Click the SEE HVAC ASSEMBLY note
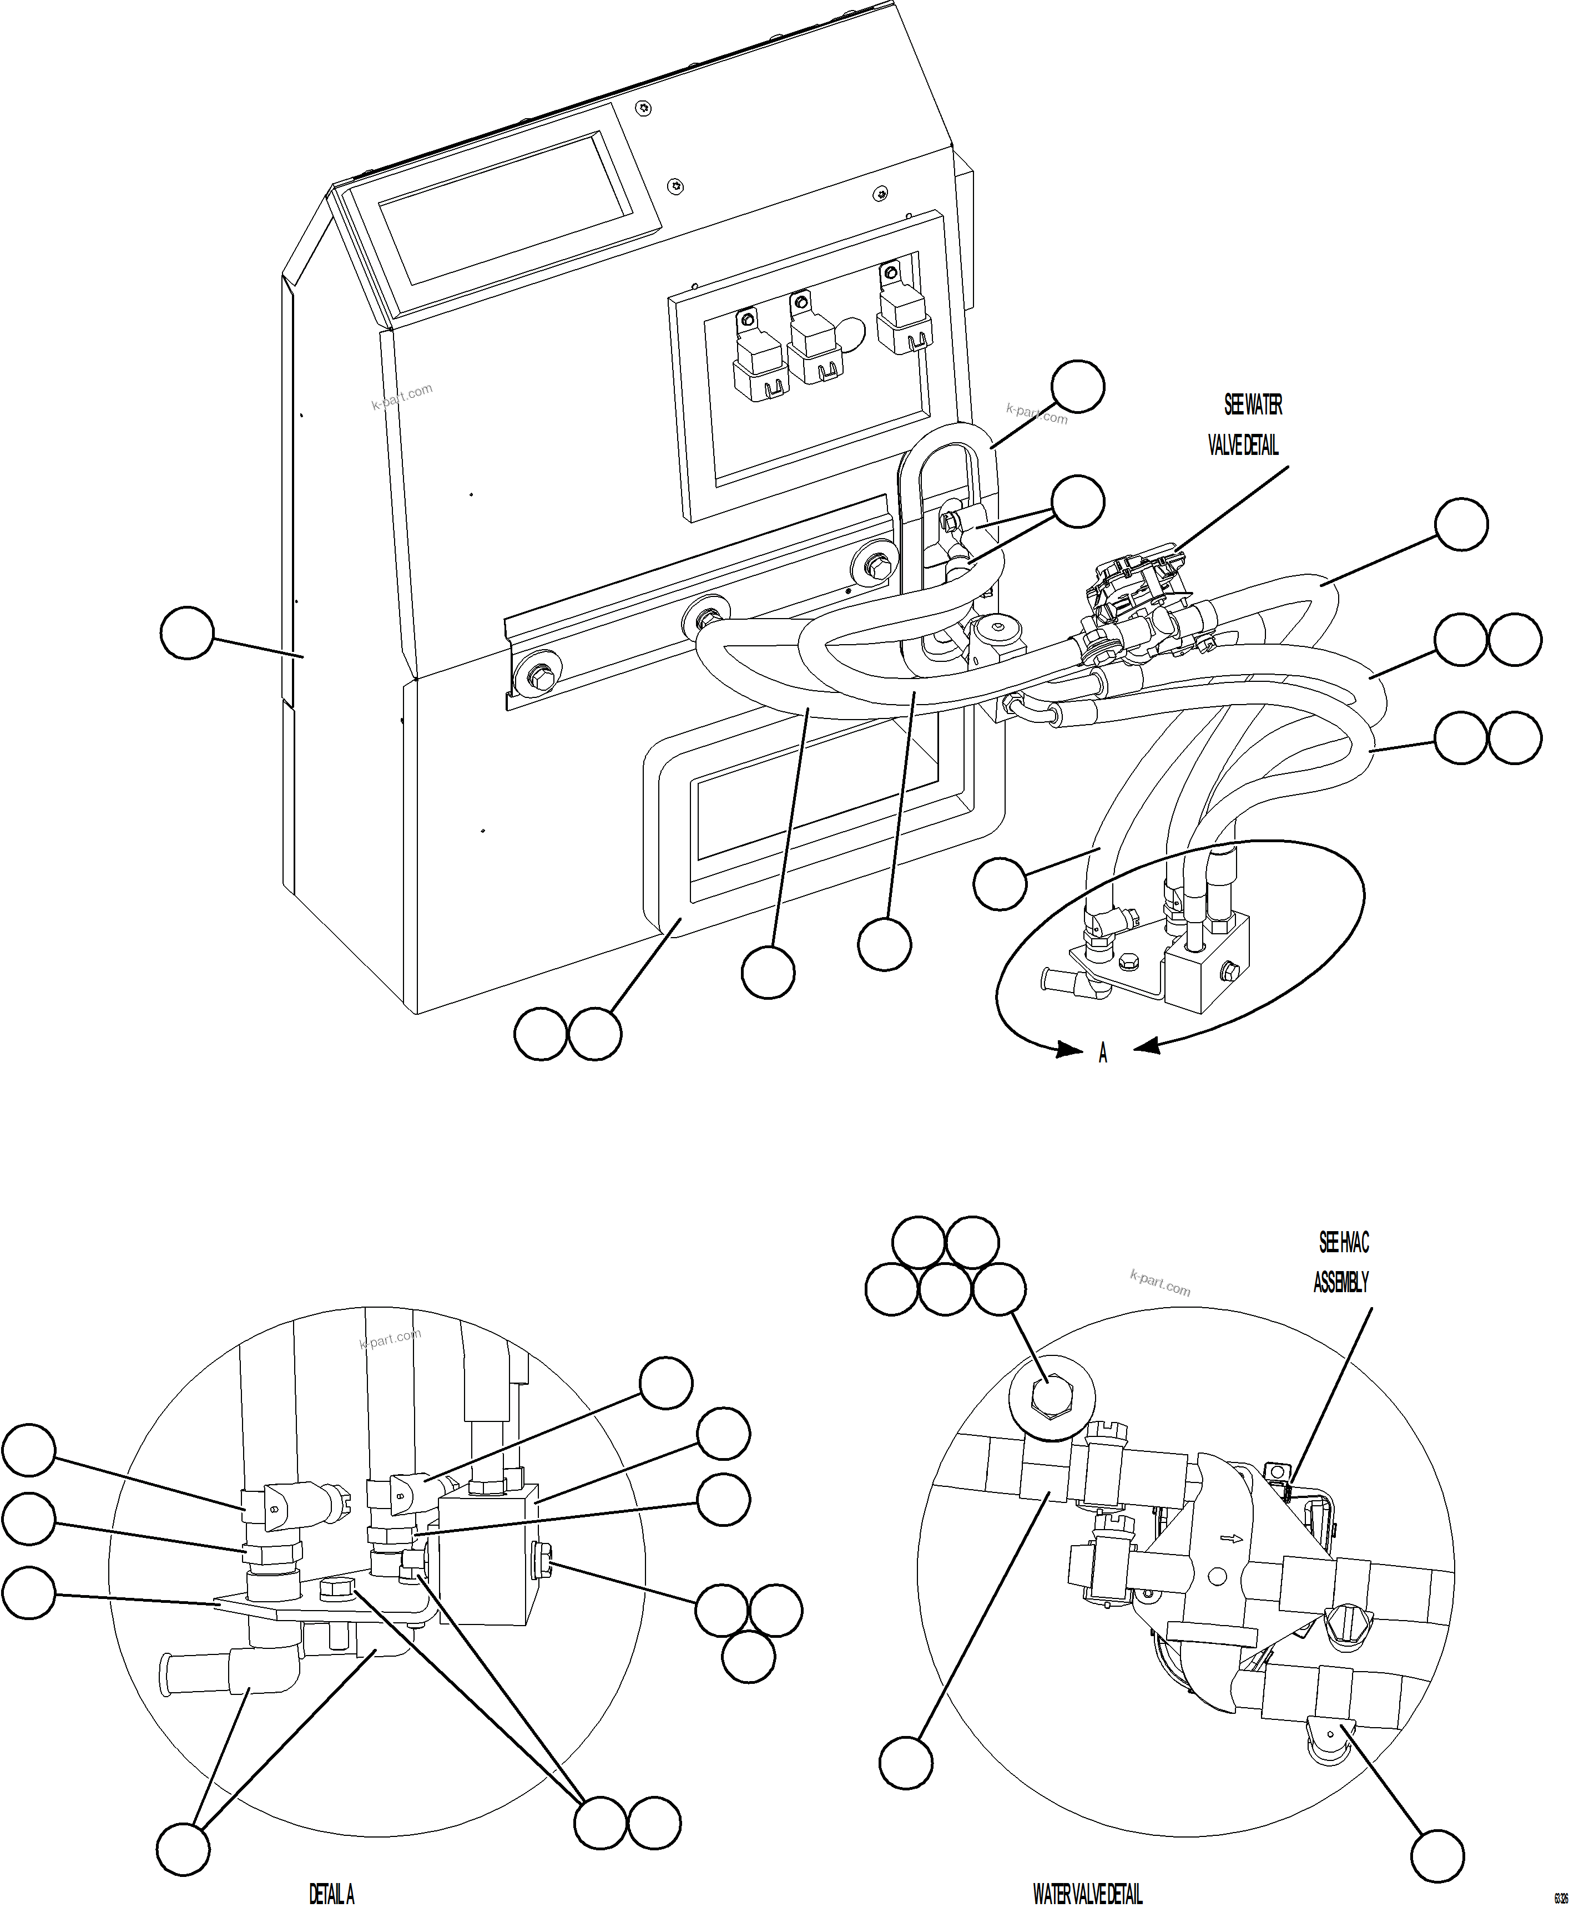click(1342, 1262)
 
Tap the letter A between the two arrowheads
click(1103, 1054)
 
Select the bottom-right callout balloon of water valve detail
click(1437, 1856)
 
